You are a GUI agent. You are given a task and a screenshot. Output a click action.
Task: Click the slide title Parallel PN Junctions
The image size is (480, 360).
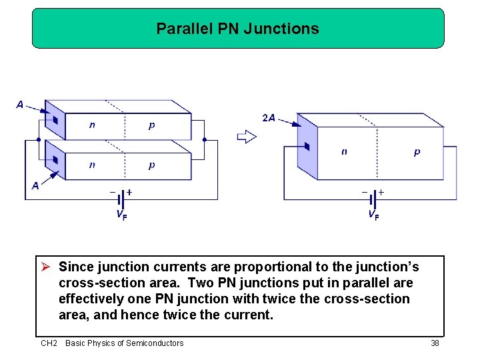pos(237,29)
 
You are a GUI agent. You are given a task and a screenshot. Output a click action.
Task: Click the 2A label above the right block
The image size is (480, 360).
pos(269,118)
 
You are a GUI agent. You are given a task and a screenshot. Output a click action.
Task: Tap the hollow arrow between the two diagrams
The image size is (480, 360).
pos(247,137)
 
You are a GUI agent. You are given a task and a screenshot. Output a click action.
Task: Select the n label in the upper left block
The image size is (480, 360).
pos(92,125)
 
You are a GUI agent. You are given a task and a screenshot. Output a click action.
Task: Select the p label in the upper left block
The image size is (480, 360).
pos(152,125)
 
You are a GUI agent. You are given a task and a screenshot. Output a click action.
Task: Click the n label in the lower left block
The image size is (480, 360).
pos(92,165)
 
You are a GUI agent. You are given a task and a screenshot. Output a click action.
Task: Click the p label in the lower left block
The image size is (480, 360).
pos(152,165)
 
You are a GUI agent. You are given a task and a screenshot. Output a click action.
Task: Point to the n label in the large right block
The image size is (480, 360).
pos(344,152)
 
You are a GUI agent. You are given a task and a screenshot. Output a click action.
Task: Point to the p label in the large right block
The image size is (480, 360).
pos(417,152)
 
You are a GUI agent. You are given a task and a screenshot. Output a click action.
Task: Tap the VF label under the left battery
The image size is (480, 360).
pos(121,215)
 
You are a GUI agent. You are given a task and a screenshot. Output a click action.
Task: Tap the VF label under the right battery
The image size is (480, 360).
pos(374,215)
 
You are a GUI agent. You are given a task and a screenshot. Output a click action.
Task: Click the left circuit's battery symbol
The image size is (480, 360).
pos(121,198)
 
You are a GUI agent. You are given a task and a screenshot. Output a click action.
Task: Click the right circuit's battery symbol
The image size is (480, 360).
pos(373,198)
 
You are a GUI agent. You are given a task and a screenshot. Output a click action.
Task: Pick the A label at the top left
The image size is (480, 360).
pos(20,105)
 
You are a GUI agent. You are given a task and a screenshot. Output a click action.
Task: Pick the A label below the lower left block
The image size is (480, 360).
pos(35,186)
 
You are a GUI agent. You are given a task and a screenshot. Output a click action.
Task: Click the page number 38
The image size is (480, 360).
pos(435,343)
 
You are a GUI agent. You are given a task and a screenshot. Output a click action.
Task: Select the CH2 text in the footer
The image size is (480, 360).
pos(49,343)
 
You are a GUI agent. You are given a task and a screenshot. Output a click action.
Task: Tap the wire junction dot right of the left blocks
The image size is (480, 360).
pos(205,140)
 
